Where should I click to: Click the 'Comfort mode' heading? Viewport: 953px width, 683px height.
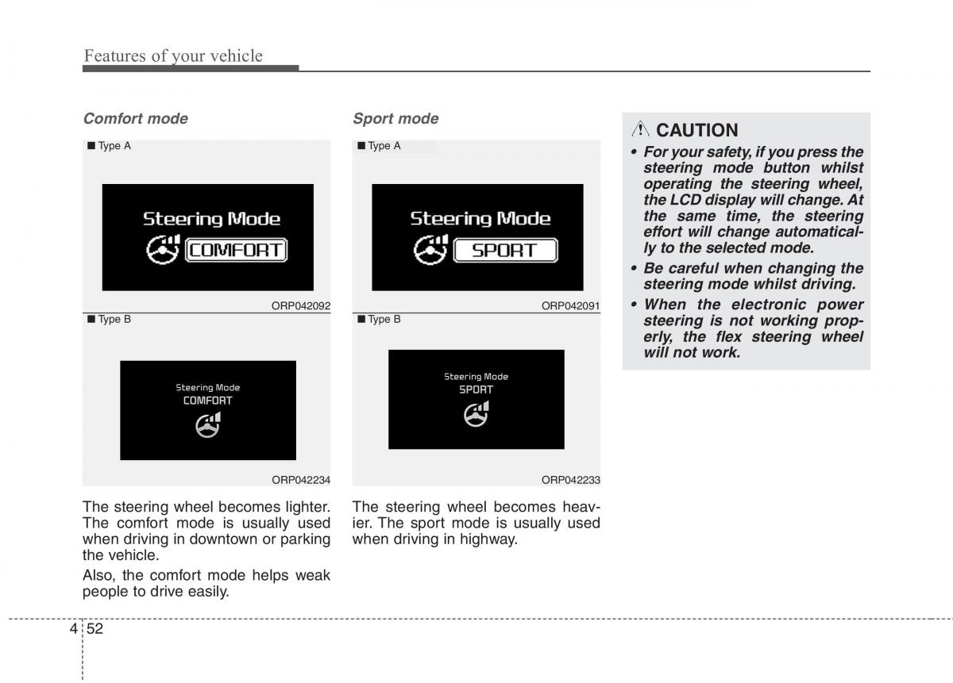(x=136, y=119)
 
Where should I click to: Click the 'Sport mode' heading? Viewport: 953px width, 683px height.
(x=395, y=119)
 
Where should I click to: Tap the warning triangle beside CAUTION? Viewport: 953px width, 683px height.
(x=640, y=130)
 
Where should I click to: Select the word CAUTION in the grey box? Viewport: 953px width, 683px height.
(x=696, y=130)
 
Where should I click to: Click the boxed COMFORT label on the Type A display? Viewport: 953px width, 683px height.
(x=236, y=251)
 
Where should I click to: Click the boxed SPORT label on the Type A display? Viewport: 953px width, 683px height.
(x=504, y=251)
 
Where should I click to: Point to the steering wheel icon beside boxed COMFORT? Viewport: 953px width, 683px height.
(x=164, y=251)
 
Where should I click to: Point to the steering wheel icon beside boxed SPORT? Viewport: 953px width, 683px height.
(x=431, y=251)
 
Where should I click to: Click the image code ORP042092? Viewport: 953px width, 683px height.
(x=301, y=306)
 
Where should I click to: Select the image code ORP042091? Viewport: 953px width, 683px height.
(x=570, y=306)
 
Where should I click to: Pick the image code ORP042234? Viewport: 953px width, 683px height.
(x=301, y=480)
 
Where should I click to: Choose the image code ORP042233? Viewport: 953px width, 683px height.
(x=570, y=480)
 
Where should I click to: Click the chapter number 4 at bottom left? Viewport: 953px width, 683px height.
(x=73, y=628)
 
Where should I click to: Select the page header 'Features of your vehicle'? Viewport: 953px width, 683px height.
(x=173, y=56)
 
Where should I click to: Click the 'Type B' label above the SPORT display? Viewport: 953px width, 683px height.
(x=384, y=320)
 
